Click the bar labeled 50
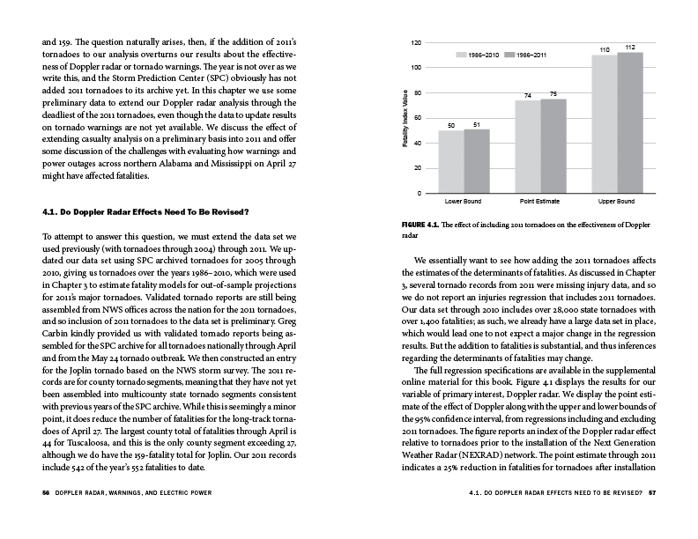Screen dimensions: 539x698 [x=450, y=161]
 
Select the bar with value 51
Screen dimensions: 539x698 [x=476, y=160]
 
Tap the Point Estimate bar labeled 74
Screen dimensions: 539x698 [x=527, y=146]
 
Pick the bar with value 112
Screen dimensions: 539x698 [x=630, y=122]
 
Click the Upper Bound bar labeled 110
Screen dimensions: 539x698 [x=605, y=124]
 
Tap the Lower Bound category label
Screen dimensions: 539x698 [x=463, y=202]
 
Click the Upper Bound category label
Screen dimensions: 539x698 [x=616, y=202]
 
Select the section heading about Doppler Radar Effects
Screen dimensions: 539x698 [x=145, y=211]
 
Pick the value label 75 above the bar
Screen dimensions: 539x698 [x=553, y=93]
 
